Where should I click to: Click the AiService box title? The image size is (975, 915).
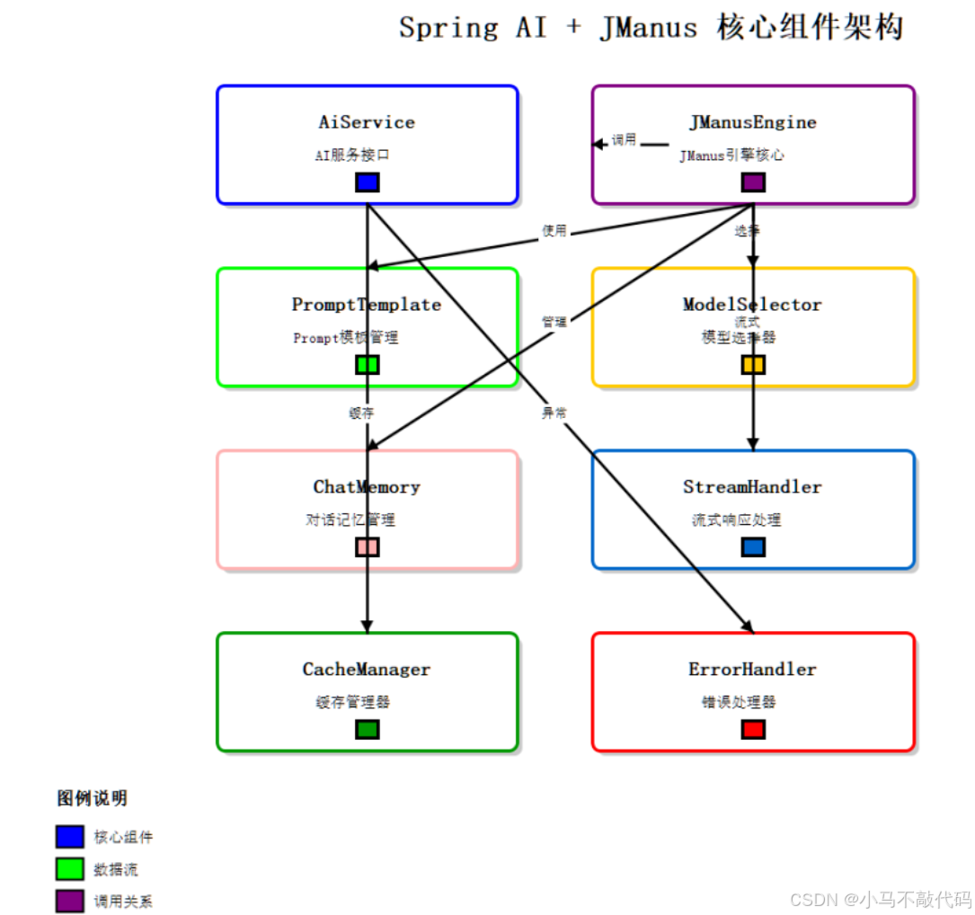click(367, 122)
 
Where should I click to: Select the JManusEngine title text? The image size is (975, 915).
click(753, 122)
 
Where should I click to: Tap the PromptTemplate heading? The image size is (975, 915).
click(367, 305)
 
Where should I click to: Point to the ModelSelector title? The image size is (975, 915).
click(753, 305)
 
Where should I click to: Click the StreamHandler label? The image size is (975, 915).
click(753, 487)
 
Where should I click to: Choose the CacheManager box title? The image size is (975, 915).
click(367, 670)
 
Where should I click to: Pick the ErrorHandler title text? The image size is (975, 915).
click(753, 670)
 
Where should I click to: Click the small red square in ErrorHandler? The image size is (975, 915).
click(753, 729)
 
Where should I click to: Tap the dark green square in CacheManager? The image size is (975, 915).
click(368, 729)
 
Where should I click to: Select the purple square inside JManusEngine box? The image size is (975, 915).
click(753, 182)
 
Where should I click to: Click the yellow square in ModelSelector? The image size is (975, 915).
click(753, 364)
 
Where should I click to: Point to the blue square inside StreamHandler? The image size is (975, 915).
click(753, 546)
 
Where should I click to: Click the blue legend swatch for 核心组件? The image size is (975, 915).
click(70, 837)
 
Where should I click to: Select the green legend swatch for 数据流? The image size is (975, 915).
click(70, 869)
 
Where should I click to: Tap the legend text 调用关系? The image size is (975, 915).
click(123, 902)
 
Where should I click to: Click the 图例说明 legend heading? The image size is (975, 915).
click(93, 798)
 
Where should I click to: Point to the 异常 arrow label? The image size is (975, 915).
click(554, 413)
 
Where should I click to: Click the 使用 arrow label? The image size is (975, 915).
click(554, 231)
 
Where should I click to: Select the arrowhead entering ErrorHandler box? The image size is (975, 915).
click(748, 627)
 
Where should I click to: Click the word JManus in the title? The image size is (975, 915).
click(648, 28)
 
